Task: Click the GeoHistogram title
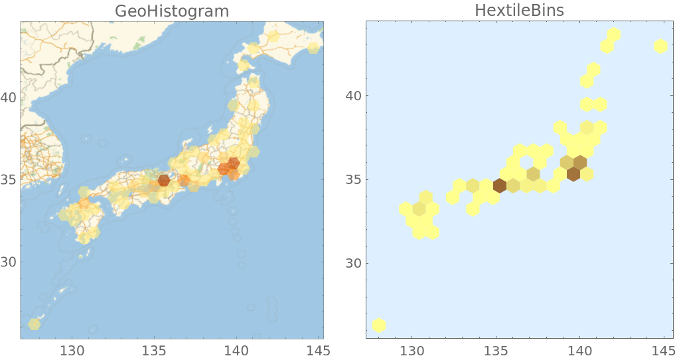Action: (x=171, y=11)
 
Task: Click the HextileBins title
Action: (x=519, y=11)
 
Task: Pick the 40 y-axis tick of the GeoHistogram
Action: (x=9, y=98)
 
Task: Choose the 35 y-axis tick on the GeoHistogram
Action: (x=9, y=180)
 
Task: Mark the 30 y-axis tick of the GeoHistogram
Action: (x=9, y=262)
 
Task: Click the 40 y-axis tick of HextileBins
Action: (x=354, y=96)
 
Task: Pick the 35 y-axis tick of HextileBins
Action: (x=354, y=179)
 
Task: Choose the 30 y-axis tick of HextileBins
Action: (x=354, y=263)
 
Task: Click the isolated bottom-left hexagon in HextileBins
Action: (x=379, y=325)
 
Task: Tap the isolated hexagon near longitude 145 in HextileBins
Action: (x=660, y=46)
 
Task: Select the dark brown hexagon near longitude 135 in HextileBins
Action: (x=500, y=185)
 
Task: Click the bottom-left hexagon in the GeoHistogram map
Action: (x=35, y=324)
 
